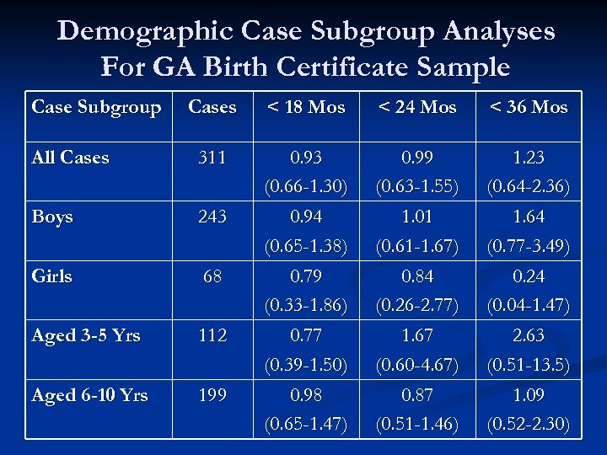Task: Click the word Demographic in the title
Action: point(144,31)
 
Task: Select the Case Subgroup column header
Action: point(96,107)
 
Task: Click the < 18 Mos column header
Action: point(306,107)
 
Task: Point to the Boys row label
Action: point(52,217)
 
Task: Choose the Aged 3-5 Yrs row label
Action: point(86,335)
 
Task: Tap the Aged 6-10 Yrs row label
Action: point(89,395)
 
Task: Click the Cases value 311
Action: point(212,158)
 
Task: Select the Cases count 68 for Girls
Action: point(212,276)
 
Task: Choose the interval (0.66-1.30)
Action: point(306,186)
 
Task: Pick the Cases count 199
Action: point(212,395)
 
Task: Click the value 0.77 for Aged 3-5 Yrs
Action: point(306,335)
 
